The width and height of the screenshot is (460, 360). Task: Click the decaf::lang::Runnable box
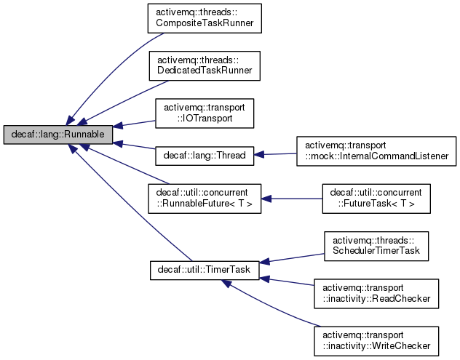(x=58, y=135)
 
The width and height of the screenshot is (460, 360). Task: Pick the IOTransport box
(x=205, y=113)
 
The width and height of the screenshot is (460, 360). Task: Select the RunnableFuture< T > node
(x=205, y=199)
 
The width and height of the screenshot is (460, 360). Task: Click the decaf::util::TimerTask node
(x=205, y=270)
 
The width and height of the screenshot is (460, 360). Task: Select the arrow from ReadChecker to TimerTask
(x=287, y=281)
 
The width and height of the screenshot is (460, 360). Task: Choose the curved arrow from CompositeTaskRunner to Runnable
(x=102, y=73)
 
